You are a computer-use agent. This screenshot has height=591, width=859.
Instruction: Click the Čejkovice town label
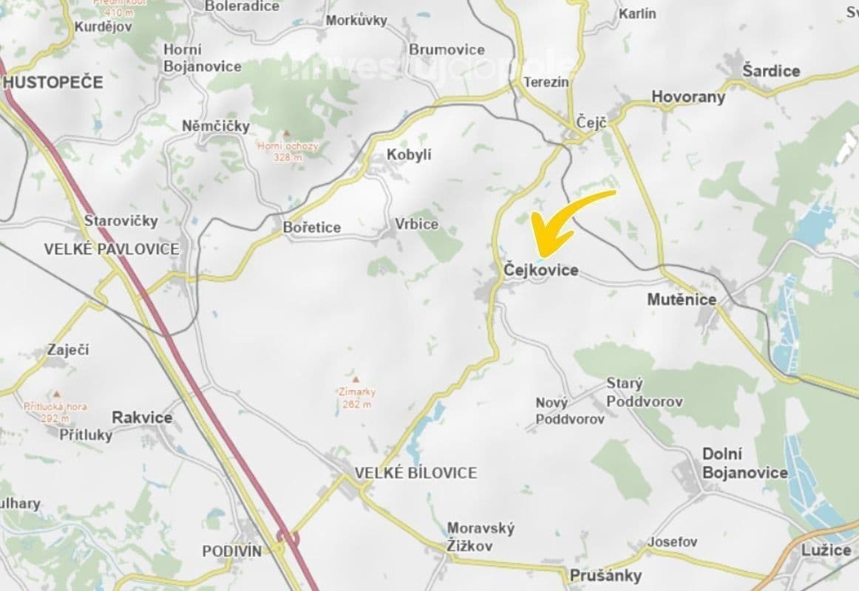click(x=540, y=271)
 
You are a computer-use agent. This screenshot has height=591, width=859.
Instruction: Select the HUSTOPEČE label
click(x=53, y=82)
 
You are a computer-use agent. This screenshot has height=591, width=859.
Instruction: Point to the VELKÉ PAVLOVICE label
click(x=112, y=249)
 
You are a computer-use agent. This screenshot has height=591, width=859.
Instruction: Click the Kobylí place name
click(x=409, y=155)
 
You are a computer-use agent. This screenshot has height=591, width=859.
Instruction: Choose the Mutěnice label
click(x=682, y=299)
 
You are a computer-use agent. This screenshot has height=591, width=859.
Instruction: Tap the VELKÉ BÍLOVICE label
click(x=415, y=473)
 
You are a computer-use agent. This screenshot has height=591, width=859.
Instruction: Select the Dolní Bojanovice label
click(x=744, y=463)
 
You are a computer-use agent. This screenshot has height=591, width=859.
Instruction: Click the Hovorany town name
click(x=688, y=97)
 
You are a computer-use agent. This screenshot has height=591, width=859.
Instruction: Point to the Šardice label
click(x=771, y=71)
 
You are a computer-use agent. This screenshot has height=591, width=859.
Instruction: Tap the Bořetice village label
click(x=312, y=228)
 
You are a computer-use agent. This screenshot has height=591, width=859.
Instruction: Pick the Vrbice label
click(x=416, y=224)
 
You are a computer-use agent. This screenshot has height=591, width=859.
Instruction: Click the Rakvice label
click(x=142, y=417)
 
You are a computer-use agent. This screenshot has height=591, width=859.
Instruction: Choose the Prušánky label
click(x=605, y=575)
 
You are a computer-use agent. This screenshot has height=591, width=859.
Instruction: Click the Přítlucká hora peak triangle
click(x=56, y=394)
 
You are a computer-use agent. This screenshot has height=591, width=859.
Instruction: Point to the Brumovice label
click(x=447, y=49)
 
